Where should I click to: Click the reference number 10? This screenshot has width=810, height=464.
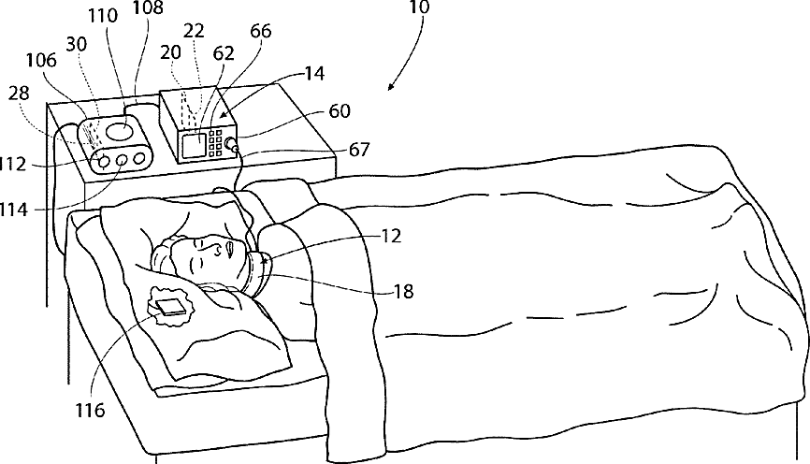point(419,8)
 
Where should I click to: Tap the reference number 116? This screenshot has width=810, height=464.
point(91,410)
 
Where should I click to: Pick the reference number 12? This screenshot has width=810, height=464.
point(392,238)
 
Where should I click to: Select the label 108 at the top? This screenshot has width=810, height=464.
point(147,8)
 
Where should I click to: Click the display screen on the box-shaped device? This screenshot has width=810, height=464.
point(195,144)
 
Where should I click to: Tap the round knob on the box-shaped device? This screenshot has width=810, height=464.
point(228,144)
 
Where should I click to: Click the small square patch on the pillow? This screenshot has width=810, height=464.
point(170,306)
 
